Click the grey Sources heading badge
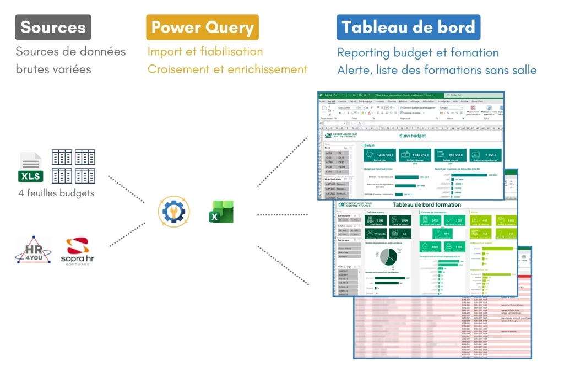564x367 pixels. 53,27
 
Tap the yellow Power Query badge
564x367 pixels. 202,27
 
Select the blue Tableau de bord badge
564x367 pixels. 408,27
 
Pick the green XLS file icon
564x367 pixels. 31,167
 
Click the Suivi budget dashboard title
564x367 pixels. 412,136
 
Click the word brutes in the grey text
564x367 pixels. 34,69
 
